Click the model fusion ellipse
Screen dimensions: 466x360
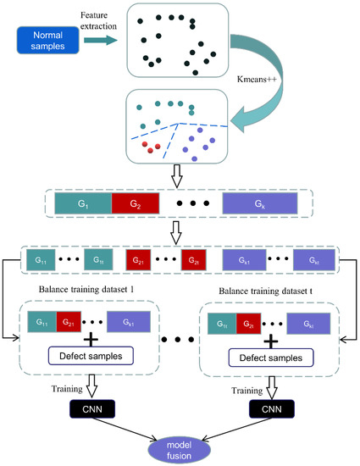tap(181, 443)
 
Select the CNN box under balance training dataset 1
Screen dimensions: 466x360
tap(91, 407)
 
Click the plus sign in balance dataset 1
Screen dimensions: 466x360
tap(91, 336)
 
